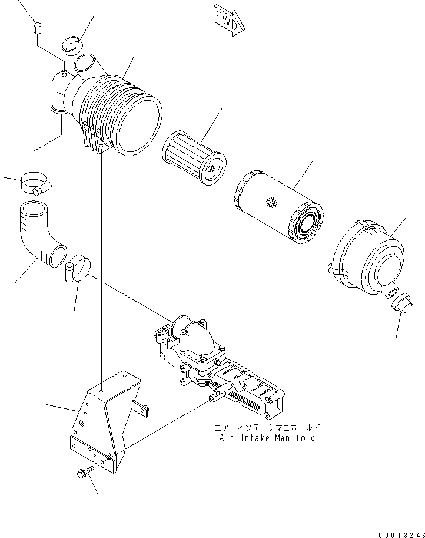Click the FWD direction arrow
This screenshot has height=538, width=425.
pyautogui.click(x=226, y=22)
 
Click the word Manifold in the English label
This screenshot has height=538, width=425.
pyautogui.click(x=295, y=438)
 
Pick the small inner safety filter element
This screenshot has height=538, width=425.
pyautogui.click(x=194, y=157)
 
